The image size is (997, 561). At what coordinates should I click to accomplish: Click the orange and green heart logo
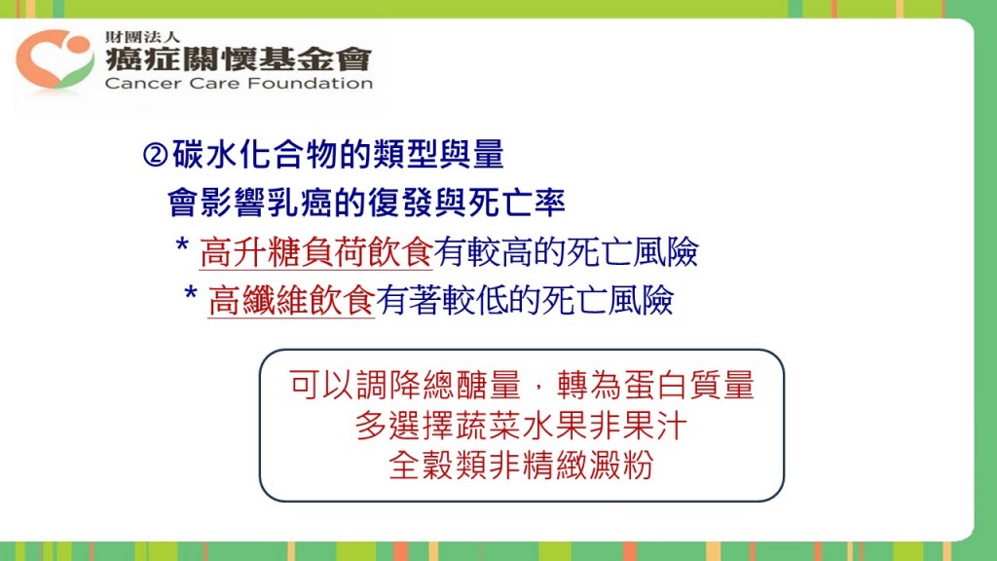point(55,59)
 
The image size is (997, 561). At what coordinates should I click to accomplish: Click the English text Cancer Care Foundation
point(239,84)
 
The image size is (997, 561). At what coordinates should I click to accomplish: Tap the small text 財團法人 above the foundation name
point(142,37)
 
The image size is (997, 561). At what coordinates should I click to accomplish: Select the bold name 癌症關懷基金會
point(238,59)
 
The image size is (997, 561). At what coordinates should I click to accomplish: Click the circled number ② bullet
point(155,155)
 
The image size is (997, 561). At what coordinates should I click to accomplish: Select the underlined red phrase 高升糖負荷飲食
point(316,252)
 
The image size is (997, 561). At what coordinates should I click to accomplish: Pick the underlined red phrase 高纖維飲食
point(291,300)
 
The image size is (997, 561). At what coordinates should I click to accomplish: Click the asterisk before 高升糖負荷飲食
point(182,245)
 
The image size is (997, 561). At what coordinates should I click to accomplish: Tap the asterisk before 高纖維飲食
point(191,294)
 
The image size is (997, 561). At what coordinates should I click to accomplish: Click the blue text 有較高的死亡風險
point(566,252)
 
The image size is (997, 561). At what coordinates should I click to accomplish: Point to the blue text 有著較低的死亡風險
point(525,300)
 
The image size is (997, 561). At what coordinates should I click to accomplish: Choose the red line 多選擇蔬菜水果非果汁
point(521,426)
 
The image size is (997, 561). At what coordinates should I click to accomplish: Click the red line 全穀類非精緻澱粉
point(521,466)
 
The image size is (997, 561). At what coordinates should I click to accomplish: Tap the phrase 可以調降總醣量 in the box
point(405,385)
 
